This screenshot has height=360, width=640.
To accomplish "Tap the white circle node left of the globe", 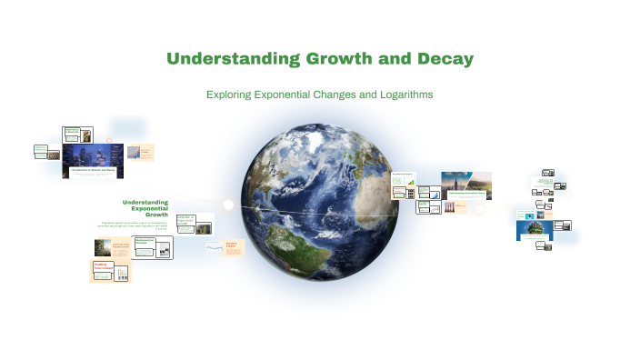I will pos(228,205).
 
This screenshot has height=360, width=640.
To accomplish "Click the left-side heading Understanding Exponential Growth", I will pos(145,210).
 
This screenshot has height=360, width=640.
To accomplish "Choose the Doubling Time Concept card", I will pos(110,271).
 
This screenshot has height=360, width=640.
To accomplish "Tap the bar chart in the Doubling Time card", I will pos(121,272).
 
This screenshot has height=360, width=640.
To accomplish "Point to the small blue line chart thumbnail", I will pos(215,246).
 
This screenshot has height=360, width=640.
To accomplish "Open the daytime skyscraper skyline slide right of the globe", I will pos(465,185).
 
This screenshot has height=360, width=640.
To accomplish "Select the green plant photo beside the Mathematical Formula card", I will pos(102,246).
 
